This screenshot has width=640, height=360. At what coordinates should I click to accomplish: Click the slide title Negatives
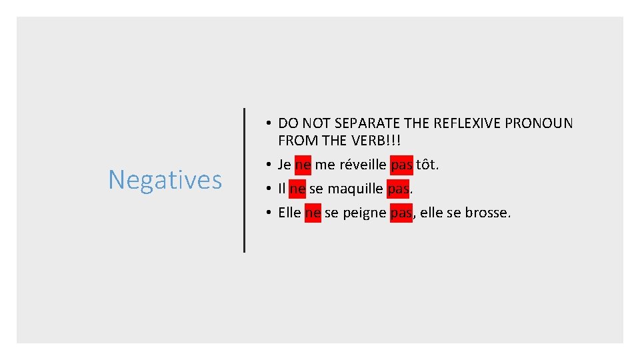(x=165, y=179)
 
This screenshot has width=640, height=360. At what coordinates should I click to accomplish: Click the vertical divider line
(x=244, y=180)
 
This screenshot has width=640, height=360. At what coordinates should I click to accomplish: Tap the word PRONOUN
(x=542, y=123)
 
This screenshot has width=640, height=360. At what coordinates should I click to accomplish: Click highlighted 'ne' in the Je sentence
(x=303, y=164)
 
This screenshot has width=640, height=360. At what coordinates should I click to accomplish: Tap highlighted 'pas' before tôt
(x=401, y=164)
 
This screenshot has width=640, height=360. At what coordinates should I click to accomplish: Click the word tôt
(x=427, y=164)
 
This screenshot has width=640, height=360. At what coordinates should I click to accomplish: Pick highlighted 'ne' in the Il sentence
(x=297, y=189)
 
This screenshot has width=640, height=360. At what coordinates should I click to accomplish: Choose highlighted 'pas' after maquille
(x=398, y=189)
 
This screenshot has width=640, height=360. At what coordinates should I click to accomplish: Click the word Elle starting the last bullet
(x=290, y=213)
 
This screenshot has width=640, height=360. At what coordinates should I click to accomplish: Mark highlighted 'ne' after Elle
(x=313, y=213)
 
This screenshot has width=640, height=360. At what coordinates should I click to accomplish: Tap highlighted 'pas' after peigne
(x=401, y=213)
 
